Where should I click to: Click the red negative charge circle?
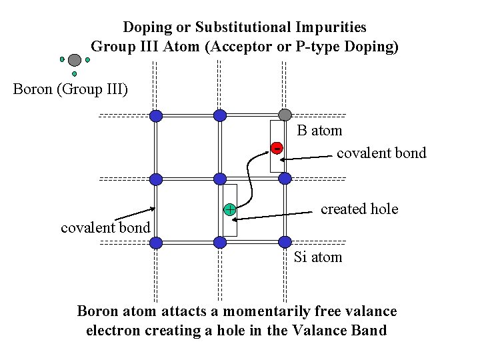pyautogui.click(x=277, y=147)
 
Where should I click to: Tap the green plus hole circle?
pyautogui.click(x=229, y=209)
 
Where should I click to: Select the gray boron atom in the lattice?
pyautogui.click(x=285, y=115)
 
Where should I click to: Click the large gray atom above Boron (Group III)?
pyautogui.click(x=75, y=60)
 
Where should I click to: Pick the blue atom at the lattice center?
pyautogui.click(x=220, y=179)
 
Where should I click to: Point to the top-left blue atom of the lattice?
pyautogui.click(x=156, y=116)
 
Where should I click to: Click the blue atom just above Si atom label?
pyautogui.click(x=285, y=242)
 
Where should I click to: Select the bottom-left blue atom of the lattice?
pyautogui.click(x=156, y=243)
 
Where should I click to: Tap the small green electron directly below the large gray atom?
pyautogui.click(x=75, y=74)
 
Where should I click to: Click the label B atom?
pyautogui.click(x=319, y=131)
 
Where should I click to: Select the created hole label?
pyautogui.click(x=359, y=209)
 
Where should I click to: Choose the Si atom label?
pyautogui.click(x=318, y=257)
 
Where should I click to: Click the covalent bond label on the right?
pyautogui.click(x=381, y=153)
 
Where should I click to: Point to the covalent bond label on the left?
pyautogui.click(x=105, y=228)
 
